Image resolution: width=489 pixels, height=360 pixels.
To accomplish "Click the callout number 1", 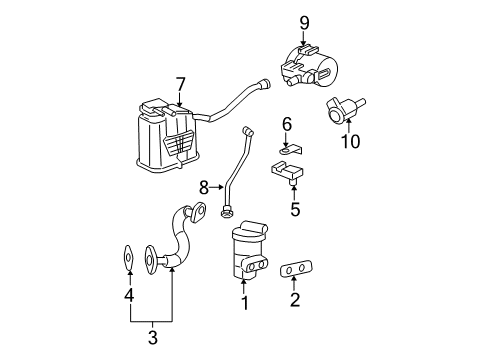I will pyautogui.click(x=243, y=301).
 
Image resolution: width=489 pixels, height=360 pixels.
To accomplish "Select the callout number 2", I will pyautogui.click(x=295, y=299).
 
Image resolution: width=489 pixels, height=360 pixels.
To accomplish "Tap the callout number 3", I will pyautogui.click(x=152, y=338).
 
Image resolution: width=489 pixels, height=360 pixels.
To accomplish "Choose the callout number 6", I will pyautogui.click(x=286, y=123).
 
